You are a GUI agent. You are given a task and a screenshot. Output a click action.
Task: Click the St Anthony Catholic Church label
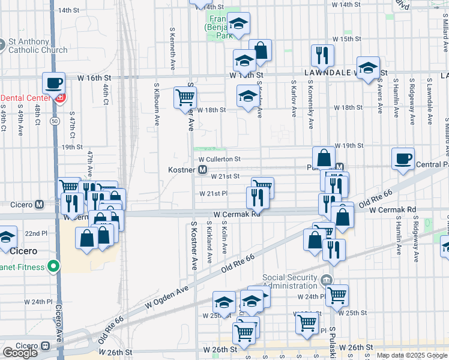point(37,46)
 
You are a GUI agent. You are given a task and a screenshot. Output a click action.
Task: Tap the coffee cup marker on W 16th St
point(53,82)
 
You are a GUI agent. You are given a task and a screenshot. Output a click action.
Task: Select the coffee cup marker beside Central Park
point(403,158)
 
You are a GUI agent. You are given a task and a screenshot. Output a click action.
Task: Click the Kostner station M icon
point(203,170)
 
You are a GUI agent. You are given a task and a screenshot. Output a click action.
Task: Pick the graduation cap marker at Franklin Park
point(238,24)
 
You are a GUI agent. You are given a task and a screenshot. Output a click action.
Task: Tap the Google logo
point(20,353)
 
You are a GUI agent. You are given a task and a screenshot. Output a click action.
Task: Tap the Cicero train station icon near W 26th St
point(45,347)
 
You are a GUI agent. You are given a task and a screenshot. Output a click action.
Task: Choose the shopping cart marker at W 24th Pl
point(337,294)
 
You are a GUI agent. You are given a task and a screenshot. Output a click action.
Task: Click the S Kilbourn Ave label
point(157,104)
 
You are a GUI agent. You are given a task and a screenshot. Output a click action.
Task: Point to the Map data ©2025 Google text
point(412,355)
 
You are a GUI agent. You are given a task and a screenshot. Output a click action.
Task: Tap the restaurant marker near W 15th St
point(322,55)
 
